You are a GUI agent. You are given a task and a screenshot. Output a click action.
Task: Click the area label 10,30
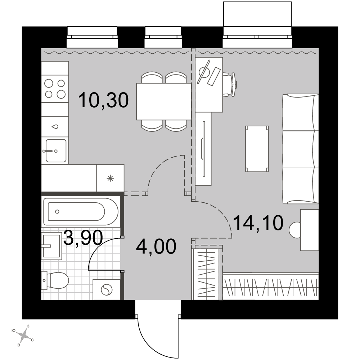point(103,100)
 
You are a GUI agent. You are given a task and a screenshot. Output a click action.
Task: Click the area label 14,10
point(258,223)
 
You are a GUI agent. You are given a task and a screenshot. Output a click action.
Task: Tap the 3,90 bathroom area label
point(83,238)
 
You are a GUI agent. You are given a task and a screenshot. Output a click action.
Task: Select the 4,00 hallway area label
point(156,246)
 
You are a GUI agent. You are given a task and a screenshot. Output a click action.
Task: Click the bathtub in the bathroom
point(81,211)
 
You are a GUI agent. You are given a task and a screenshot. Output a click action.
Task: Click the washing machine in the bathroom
point(107,289)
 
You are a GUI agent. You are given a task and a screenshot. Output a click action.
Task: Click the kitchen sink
point(56,150)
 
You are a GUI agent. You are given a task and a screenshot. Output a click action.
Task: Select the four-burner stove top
point(55,89)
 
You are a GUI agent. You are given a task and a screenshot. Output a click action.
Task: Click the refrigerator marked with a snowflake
point(110,178)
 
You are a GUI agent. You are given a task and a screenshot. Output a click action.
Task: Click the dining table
point(164,102)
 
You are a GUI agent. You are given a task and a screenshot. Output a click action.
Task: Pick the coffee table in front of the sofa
point(257,149)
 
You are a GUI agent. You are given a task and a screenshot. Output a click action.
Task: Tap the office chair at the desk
point(230,85)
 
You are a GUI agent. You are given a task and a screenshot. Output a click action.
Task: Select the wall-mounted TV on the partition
point(203,149)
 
